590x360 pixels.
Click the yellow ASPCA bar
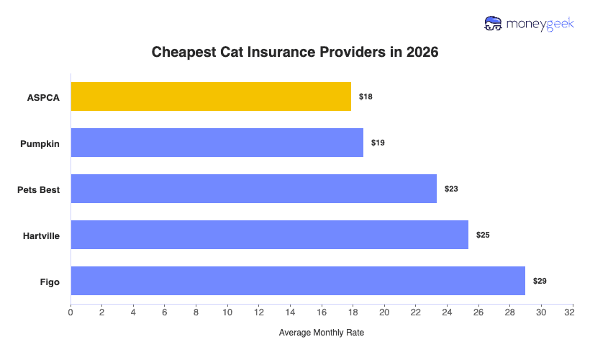point(211,96)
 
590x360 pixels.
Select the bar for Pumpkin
point(217,143)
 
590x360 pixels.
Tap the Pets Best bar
point(253,189)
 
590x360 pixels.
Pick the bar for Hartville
point(269,235)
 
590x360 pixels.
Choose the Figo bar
point(298,281)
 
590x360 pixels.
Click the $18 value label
point(366,96)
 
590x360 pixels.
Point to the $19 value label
point(378,143)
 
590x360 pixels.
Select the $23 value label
point(451,189)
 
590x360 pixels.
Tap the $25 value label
point(483,235)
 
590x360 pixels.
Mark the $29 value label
point(540,281)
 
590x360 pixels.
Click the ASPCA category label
point(44,96)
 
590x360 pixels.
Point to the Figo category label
point(50,281)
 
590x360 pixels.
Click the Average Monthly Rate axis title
point(322,333)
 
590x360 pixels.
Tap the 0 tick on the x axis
point(71,312)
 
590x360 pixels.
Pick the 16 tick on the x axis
point(322,312)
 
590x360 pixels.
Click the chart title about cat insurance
point(295,53)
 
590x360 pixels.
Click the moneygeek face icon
point(494,24)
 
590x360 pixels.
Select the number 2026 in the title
point(422,53)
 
